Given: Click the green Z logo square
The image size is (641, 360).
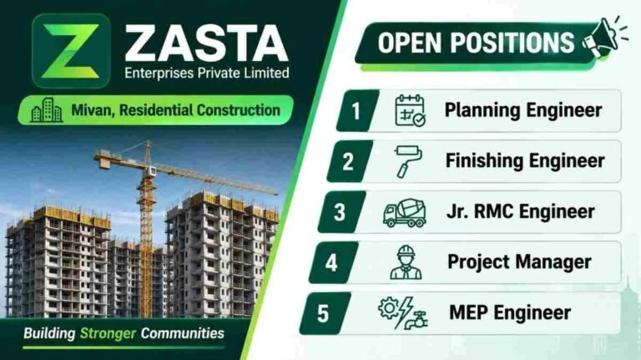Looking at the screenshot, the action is (x=71, y=51).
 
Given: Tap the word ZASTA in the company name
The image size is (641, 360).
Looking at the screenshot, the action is (x=207, y=43).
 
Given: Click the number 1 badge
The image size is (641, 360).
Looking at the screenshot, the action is (x=357, y=110).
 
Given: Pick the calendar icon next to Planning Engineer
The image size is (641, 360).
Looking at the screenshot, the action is (x=410, y=110).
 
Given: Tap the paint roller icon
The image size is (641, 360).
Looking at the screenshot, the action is (x=408, y=161).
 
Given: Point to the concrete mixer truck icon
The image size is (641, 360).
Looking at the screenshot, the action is (x=405, y=213).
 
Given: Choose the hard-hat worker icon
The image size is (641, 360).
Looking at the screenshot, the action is (x=406, y=262).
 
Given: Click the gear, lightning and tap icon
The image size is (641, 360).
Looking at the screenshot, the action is (x=402, y=313).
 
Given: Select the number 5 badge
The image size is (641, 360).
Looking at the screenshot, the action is (x=325, y=313).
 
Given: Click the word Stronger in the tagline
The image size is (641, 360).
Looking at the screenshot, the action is (x=108, y=333).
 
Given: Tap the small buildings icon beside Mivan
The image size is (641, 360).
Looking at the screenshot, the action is (x=47, y=110).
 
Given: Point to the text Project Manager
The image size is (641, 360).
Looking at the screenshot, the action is (x=519, y=261).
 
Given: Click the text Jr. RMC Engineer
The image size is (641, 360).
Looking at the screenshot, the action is (x=521, y=211).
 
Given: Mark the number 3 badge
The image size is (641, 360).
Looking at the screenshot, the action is (x=341, y=212).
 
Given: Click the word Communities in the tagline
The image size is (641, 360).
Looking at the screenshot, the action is (x=182, y=333).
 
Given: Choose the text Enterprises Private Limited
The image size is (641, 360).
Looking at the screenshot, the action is (x=207, y=74).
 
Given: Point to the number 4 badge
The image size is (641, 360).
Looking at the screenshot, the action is (x=333, y=262).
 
